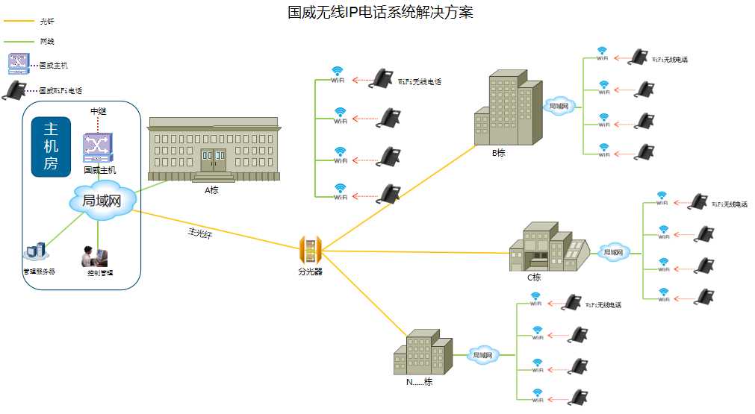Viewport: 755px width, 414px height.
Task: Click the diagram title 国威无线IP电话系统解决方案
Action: (380, 13)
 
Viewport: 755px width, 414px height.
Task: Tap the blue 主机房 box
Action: (51, 146)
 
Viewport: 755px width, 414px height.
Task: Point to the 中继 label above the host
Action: (99, 111)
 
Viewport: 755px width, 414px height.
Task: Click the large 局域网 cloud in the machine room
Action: (102, 200)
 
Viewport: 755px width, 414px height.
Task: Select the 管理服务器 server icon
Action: (37, 255)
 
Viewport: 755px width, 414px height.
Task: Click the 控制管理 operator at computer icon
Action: (95, 257)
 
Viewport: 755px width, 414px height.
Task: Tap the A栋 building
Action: (214, 149)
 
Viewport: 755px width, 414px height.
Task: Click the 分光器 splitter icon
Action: (310, 250)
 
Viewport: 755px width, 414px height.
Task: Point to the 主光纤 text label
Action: (199, 233)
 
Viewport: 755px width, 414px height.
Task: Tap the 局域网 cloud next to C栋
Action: (612, 252)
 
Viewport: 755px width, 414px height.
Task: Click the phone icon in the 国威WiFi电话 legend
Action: (14, 90)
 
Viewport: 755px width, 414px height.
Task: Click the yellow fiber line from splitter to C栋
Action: (418, 252)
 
